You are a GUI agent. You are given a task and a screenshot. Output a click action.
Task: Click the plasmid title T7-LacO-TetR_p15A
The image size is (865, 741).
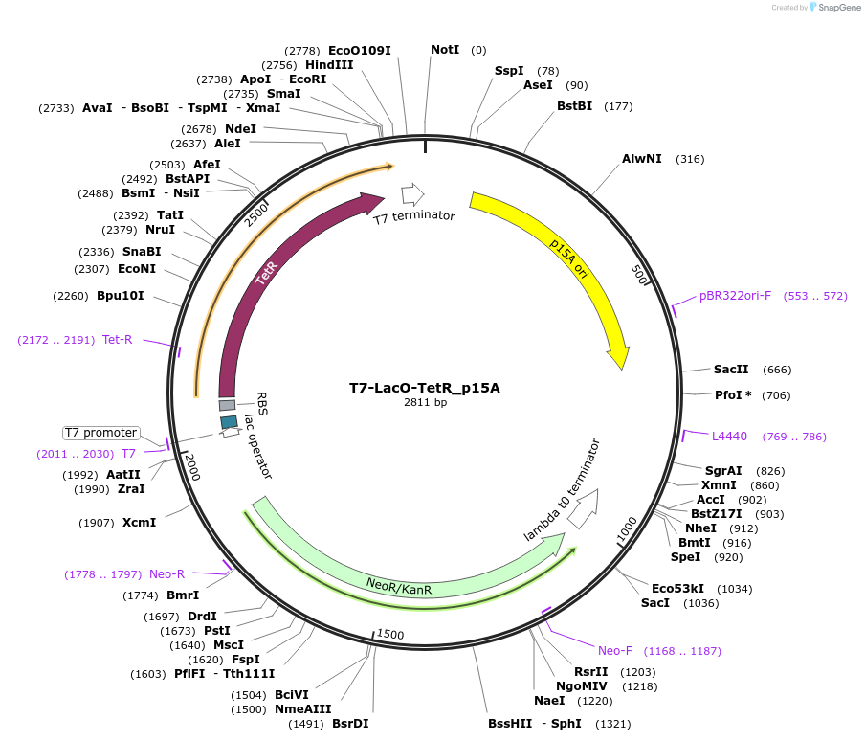point(424,388)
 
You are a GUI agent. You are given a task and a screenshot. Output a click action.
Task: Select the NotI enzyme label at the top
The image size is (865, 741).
point(445,50)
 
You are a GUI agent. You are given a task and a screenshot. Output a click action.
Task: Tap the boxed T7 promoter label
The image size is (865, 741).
point(101,433)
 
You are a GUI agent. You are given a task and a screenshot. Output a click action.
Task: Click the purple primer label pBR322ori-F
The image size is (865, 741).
point(735,296)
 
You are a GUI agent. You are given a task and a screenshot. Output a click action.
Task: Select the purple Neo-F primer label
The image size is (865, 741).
point(614,651)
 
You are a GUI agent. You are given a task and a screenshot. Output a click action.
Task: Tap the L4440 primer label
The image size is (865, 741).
point(729,437)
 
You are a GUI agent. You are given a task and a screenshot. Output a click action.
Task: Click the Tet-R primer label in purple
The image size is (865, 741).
point(118,340)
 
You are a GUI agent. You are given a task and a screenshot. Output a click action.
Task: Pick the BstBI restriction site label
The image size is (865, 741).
point(574,106)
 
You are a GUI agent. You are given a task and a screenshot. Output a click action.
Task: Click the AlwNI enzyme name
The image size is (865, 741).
point(641,159)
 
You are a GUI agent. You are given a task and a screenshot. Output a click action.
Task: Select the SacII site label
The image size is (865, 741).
point(731,370)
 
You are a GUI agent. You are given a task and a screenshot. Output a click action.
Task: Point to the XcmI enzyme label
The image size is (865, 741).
point(139,523)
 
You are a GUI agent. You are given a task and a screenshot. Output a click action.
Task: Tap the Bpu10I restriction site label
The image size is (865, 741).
point(121,296)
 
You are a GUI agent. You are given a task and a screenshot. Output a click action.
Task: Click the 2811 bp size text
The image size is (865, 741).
point(425,403)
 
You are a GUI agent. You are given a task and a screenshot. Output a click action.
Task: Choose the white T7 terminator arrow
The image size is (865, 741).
point(412,194)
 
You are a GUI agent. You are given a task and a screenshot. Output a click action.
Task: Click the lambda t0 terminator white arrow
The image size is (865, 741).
point(583,508)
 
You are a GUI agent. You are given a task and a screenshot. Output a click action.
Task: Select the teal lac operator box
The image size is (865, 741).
point(229,421)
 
